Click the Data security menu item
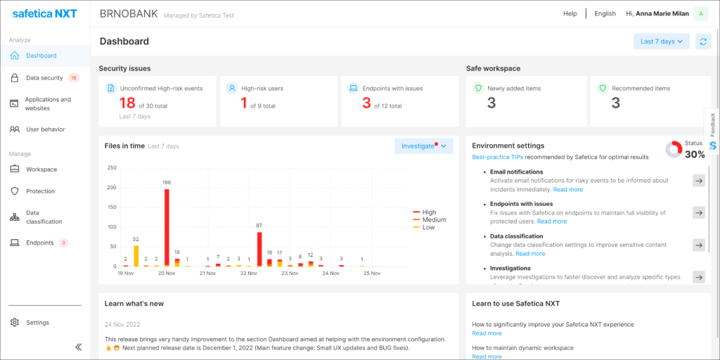44,78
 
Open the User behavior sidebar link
45,129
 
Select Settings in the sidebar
38,323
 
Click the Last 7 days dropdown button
662,41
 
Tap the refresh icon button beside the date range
703,41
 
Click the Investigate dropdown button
423,146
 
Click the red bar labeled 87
259,249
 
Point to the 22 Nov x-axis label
248,274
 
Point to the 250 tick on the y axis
111,168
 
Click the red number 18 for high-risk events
127,103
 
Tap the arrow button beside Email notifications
698,181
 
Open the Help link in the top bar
570,13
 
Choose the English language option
605,13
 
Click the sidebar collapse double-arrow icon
78,347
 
